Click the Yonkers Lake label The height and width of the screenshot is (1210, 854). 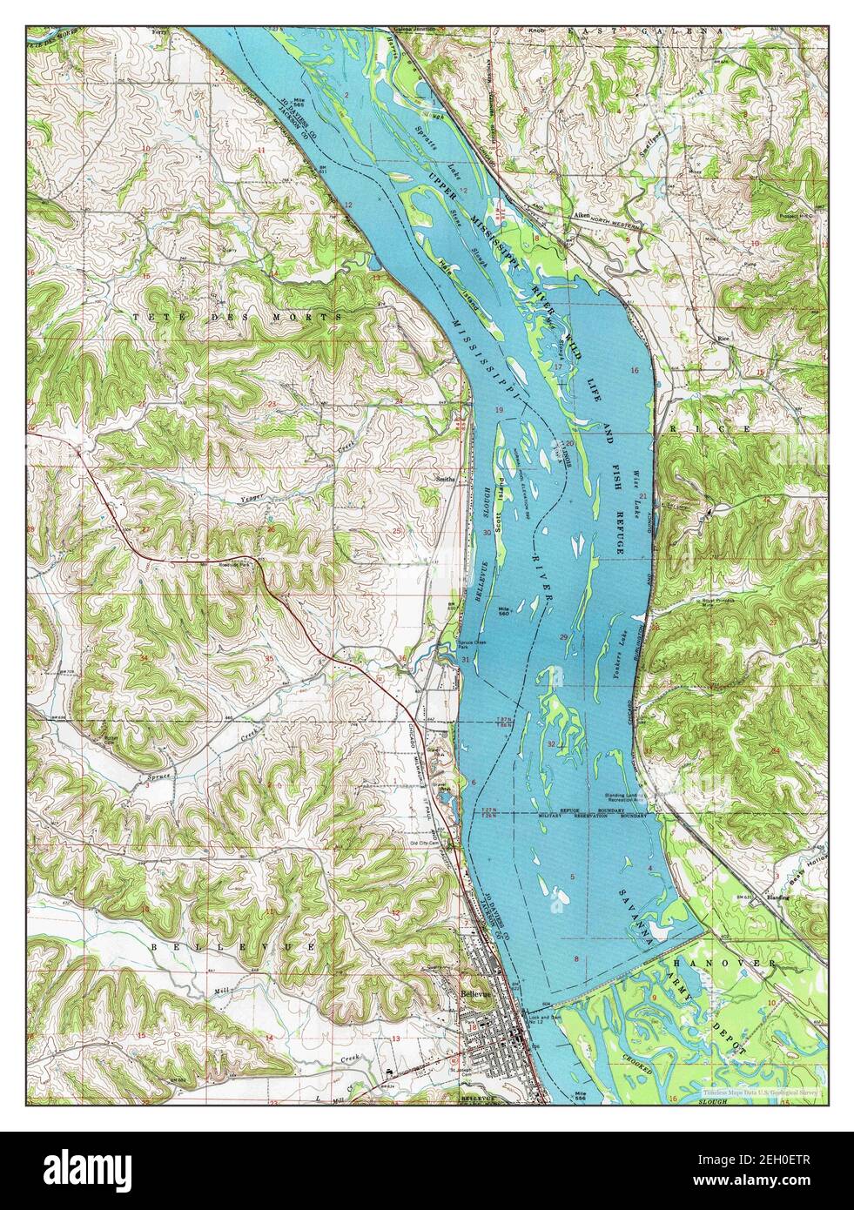click(x=621, y=643)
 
